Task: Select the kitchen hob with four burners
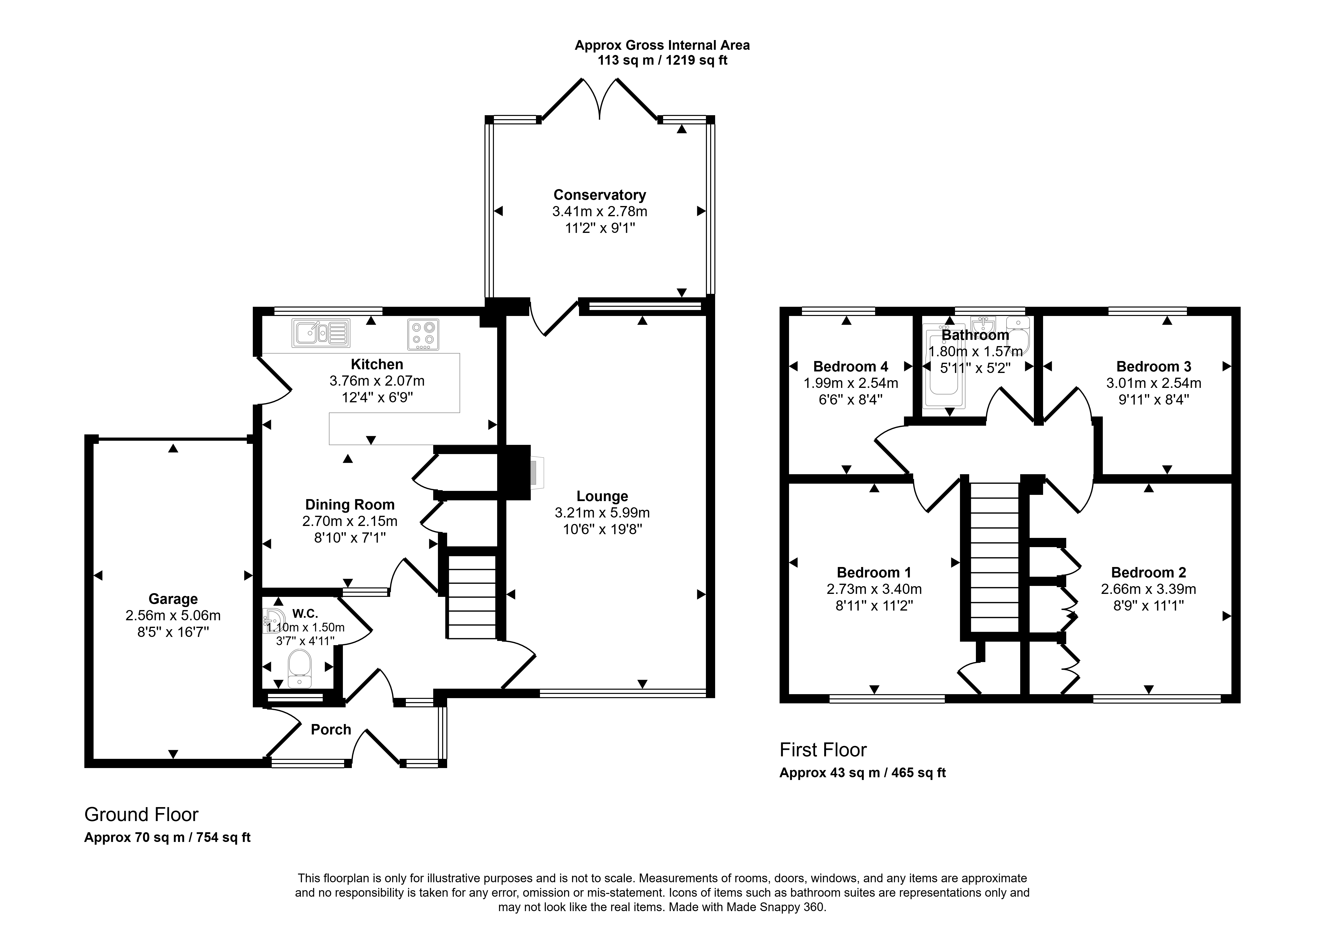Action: (423, 335)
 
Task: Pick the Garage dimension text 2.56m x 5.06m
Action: (173, 616)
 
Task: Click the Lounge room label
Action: (602, 496)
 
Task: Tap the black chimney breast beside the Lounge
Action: (514, 472)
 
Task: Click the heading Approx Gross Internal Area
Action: (662, 45)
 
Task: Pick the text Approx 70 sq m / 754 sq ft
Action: (167, 837)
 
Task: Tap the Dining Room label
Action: (350, 505)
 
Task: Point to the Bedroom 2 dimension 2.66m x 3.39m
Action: (1148, 589)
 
